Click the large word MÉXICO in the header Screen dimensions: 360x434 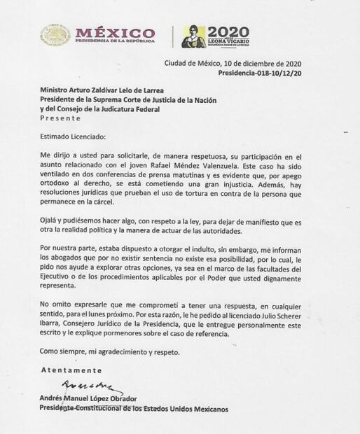click(x=116, y=32)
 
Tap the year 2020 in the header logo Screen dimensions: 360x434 click(x=229, y=31)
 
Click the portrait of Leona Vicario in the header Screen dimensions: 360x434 click(x=193, y=36)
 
